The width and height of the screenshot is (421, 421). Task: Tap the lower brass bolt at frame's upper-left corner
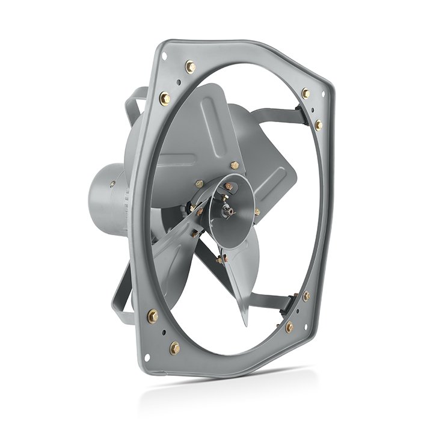pyautogui.click(x=165, y=98)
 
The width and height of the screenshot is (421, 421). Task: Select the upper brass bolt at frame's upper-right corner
pyautogui.click(x=306, y=93)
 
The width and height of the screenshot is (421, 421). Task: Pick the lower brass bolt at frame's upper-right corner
pyautogui.click(x=319, y=124)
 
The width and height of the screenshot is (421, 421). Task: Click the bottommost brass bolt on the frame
pyautogui.click(x=175, y=348)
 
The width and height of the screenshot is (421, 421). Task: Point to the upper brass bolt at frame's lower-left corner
pyautogui.click(x=153, y=315)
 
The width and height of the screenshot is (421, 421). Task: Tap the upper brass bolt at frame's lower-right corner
pyautogui.click(x=306, y=297)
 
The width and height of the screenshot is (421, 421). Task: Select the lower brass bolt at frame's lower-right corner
pyautogui.click(x=289, y=327)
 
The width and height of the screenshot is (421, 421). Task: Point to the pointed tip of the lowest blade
pyautogui.click(x=245, y=324)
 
